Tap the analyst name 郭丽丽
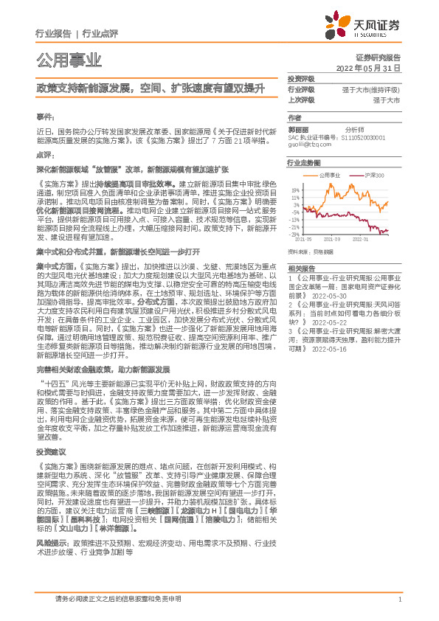tap(297, 128)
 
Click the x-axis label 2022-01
tap(361, 240)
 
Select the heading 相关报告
tap(300, 247)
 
